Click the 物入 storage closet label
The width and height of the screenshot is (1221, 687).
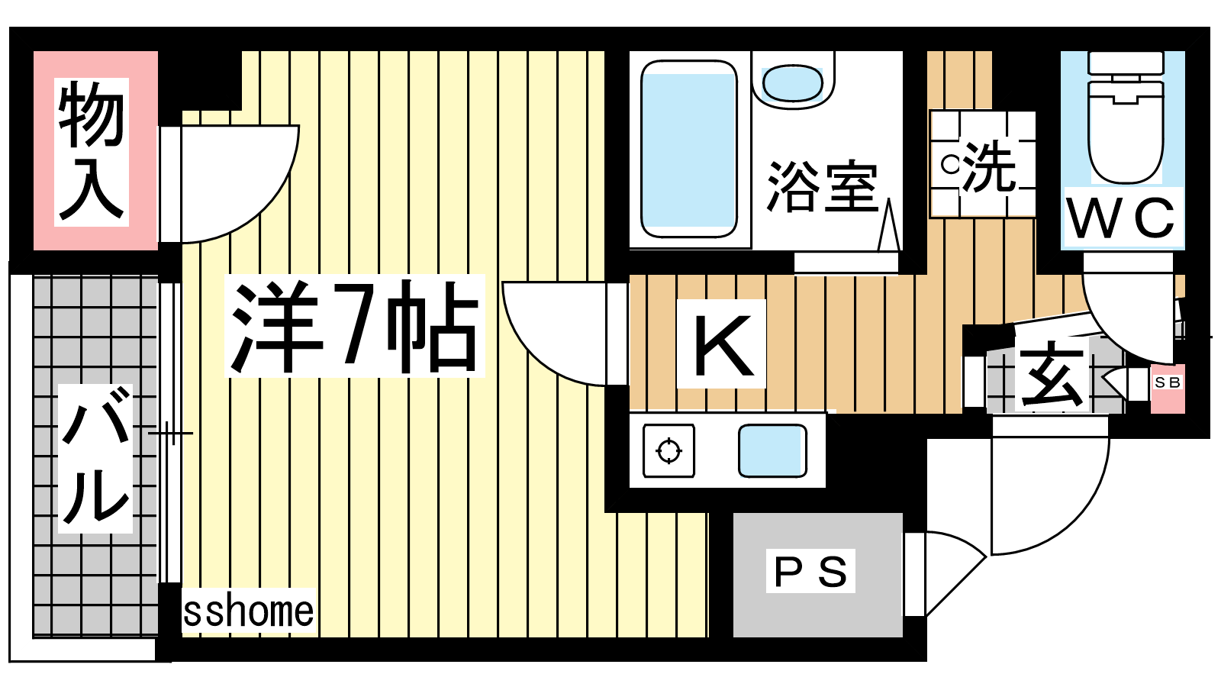click(x=91, y=151)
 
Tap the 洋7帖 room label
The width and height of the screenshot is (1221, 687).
click(x=355, y=326)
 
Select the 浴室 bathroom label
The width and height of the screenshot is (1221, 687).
click(x=823, y=186)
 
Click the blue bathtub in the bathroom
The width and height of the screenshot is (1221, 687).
click(x=689, y=149)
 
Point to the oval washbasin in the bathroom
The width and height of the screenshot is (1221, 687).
click(x=793, y=84)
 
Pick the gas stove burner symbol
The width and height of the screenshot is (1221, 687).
click(x=668, y=451)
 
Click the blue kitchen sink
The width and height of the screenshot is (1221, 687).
click(x=772, y=451)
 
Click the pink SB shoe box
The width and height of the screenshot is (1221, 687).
click(x=1168, y=389)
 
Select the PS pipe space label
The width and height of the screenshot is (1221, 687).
click(x=810, y=572)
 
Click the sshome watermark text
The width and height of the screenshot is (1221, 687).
click(x=249, y=611)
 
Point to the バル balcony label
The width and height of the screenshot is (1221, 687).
click(x=96, y=458)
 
